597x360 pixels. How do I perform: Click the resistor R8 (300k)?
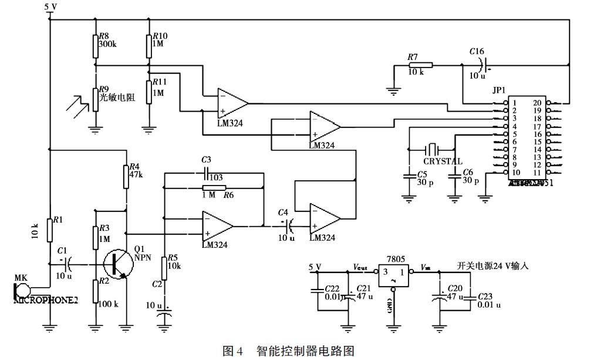tap(95, 45)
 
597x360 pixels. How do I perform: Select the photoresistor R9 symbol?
tap(95, 100)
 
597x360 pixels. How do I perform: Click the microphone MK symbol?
tap(21, 290)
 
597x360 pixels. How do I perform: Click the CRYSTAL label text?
tap(443, 162)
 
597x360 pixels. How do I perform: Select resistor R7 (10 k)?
tap(420, 65)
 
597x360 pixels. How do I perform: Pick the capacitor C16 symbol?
tap(483, 65)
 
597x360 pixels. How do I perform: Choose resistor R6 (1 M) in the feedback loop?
tap(210, 188)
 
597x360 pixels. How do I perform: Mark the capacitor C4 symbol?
tap(288, 223)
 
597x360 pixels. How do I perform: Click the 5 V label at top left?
tap(50, 7)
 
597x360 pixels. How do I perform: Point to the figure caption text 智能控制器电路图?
tap(305, 351)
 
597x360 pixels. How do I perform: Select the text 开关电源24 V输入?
tap(493, 266)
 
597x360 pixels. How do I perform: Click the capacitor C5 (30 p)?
tap(409, 175)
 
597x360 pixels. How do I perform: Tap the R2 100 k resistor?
tap(95, 290)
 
